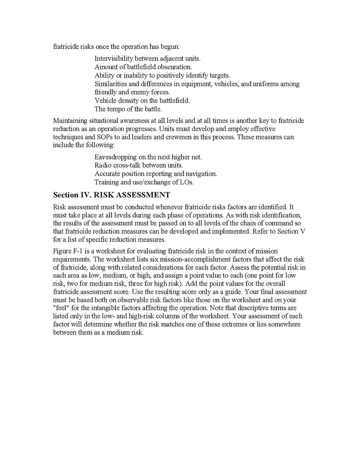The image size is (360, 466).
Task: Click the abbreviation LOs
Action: click(186, 182)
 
